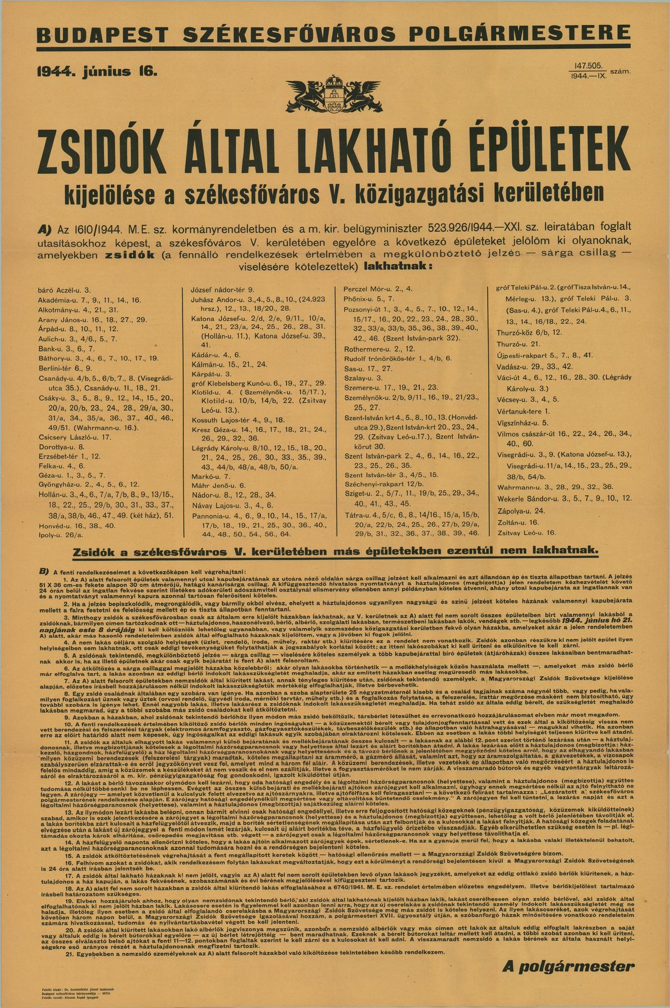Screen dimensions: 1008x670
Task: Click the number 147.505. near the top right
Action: (x=588, y=66)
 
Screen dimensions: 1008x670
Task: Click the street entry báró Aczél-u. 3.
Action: (x=64, y=291)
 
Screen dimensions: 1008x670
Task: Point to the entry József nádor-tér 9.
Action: (x=223, y=289)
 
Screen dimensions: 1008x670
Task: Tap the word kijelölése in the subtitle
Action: (x=108, y=194)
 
